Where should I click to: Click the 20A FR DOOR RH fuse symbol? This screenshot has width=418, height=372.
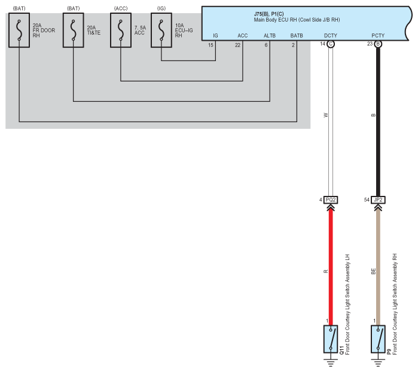19,30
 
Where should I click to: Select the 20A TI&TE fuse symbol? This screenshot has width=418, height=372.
74,30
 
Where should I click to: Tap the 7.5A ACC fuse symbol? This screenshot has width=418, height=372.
121,30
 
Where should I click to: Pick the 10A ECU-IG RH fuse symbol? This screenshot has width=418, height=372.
161,30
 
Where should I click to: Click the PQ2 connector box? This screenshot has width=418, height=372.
331,199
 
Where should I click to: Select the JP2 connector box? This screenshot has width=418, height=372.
378,199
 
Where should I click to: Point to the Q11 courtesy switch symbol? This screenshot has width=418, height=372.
331,339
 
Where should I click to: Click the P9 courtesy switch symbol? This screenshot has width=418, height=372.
378,339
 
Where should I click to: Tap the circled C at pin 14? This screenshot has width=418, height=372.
331,44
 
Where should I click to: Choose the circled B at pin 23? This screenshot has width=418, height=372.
378,44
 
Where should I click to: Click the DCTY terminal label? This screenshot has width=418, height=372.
331,35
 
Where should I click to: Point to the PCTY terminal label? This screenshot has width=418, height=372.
378,35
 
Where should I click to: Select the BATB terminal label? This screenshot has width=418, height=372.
297,35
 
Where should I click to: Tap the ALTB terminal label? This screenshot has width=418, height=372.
270,35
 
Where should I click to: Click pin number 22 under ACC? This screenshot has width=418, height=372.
237,45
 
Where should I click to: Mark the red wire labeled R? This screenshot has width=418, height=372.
331,267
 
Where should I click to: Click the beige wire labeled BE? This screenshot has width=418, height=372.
378,267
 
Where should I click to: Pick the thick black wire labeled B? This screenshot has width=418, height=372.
378,122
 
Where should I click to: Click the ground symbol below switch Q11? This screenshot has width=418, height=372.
331,362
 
